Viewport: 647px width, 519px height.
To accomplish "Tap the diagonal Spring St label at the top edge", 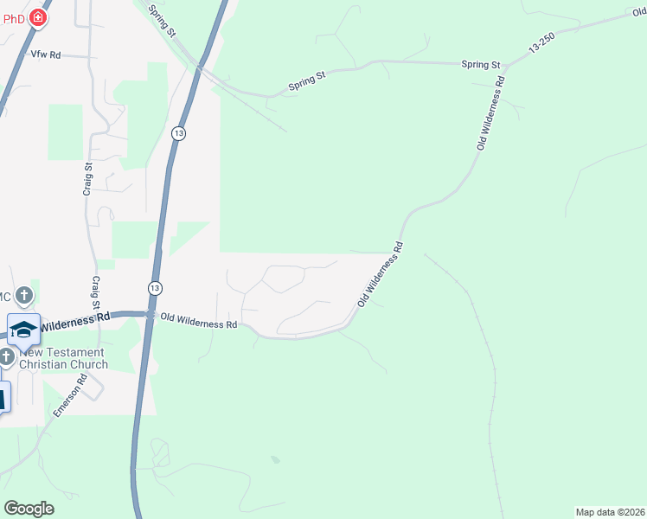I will tap(162, 20).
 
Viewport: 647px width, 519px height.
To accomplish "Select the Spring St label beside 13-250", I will tap(481, 65).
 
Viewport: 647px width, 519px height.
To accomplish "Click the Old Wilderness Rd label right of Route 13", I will tap(198, 324).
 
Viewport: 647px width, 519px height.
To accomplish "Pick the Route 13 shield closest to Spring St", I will tap(178, 133).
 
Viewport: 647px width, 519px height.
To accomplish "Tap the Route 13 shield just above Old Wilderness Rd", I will tap(155, 287).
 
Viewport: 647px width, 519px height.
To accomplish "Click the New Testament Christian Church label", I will tap(63, 358).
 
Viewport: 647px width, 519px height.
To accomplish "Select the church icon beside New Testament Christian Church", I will tap(7, 356).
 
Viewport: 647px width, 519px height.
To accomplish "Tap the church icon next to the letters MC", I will tap(24, 294).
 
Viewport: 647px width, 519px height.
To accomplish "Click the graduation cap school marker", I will tap(23, 330).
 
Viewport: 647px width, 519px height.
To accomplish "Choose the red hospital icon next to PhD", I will tap(37, 16).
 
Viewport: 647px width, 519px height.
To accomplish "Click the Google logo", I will tap(29, 509).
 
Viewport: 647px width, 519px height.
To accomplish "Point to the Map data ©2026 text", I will tap(610, 512).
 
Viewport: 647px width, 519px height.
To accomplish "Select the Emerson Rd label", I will tap(70, 394).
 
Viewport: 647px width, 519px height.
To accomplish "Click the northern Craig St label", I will tap(87, 179).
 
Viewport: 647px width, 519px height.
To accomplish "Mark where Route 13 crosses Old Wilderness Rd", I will tap(149, 315).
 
